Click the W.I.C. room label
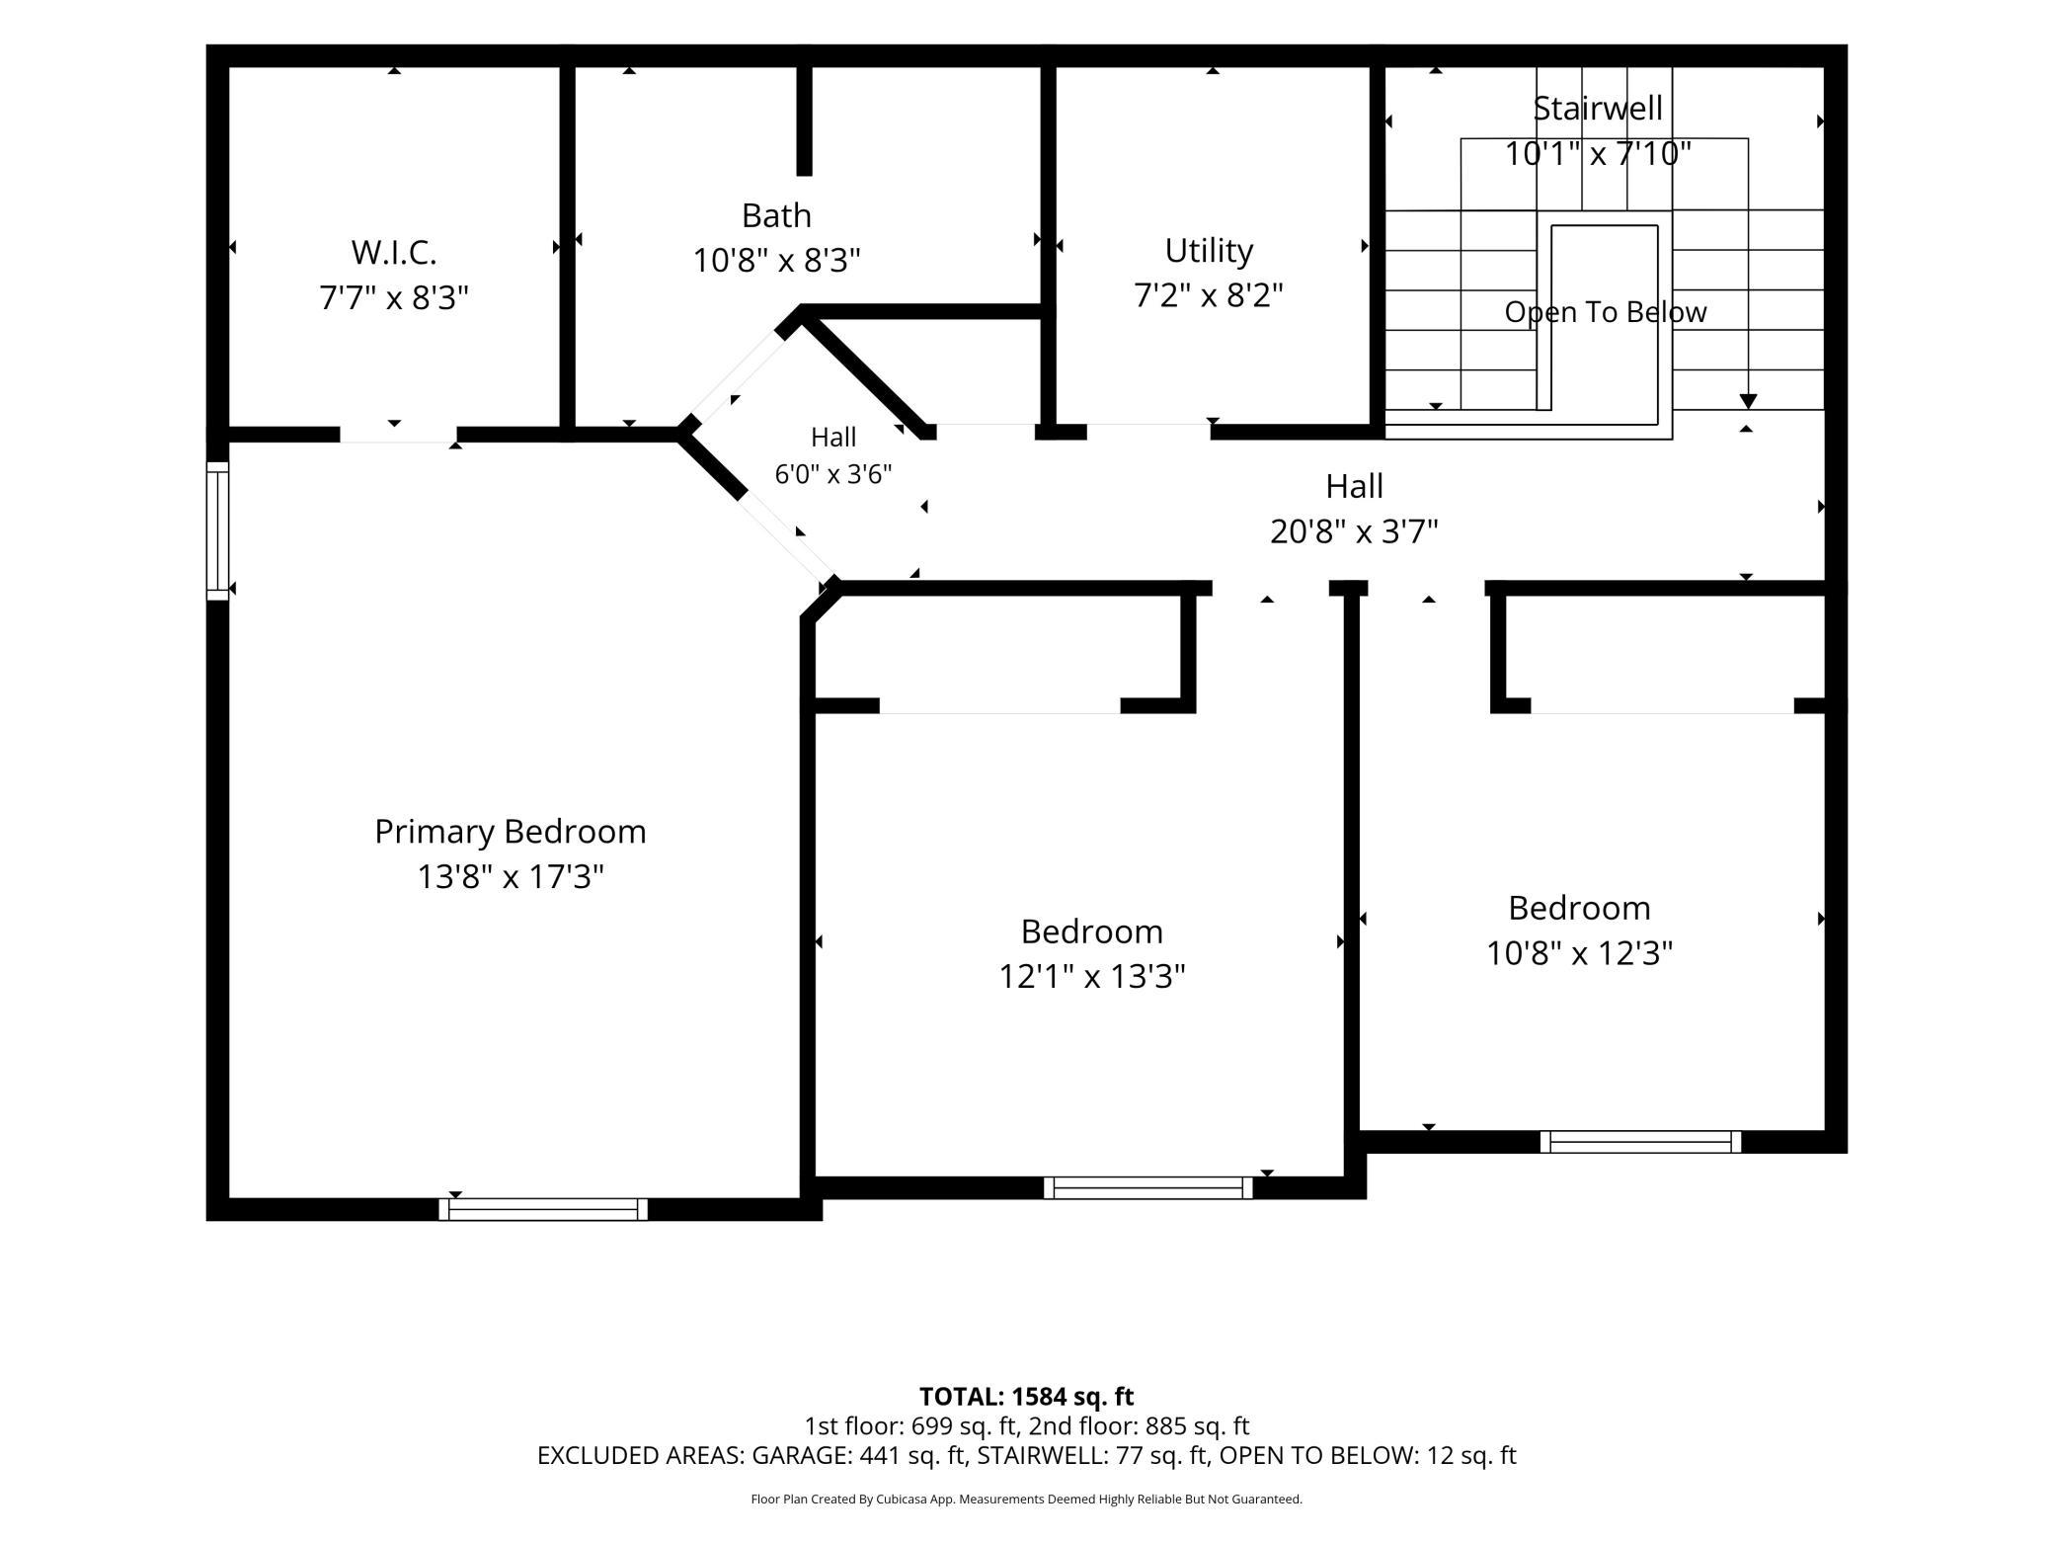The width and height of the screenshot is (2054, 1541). click(394, 253)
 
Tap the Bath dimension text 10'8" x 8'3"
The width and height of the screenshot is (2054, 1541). click(776, 261)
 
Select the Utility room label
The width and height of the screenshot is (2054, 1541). click(1209, 251)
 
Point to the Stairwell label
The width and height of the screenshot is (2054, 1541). click(1598, 108)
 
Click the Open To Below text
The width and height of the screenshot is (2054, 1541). click(1606, 312)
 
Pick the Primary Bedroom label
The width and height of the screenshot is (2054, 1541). click(510, 832)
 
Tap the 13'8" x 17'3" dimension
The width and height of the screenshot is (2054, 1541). click(510, 876)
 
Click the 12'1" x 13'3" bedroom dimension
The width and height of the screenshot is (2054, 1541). click(1091, 976)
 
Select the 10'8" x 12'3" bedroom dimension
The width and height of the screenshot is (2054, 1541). click(1579, 953)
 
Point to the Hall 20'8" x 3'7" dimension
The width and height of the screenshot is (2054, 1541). click(1354, 531)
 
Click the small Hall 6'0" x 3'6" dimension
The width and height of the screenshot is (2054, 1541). click(832, 474)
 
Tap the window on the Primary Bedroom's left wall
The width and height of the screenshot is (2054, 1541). click(217, 530)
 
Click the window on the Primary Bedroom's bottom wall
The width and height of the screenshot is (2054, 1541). click(543, 1209)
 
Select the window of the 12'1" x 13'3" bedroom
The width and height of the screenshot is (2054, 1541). click(1148, 1188)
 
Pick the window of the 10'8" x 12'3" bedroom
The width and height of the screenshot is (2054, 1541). click(1640, 1142)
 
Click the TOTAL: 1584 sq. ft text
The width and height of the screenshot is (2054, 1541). click(1026, 1397)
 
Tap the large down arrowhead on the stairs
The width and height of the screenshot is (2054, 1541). click(1748, 402)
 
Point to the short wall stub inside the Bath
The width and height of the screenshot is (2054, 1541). click(805, 121)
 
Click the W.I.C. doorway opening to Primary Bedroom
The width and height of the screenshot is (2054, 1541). click(398, 435)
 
